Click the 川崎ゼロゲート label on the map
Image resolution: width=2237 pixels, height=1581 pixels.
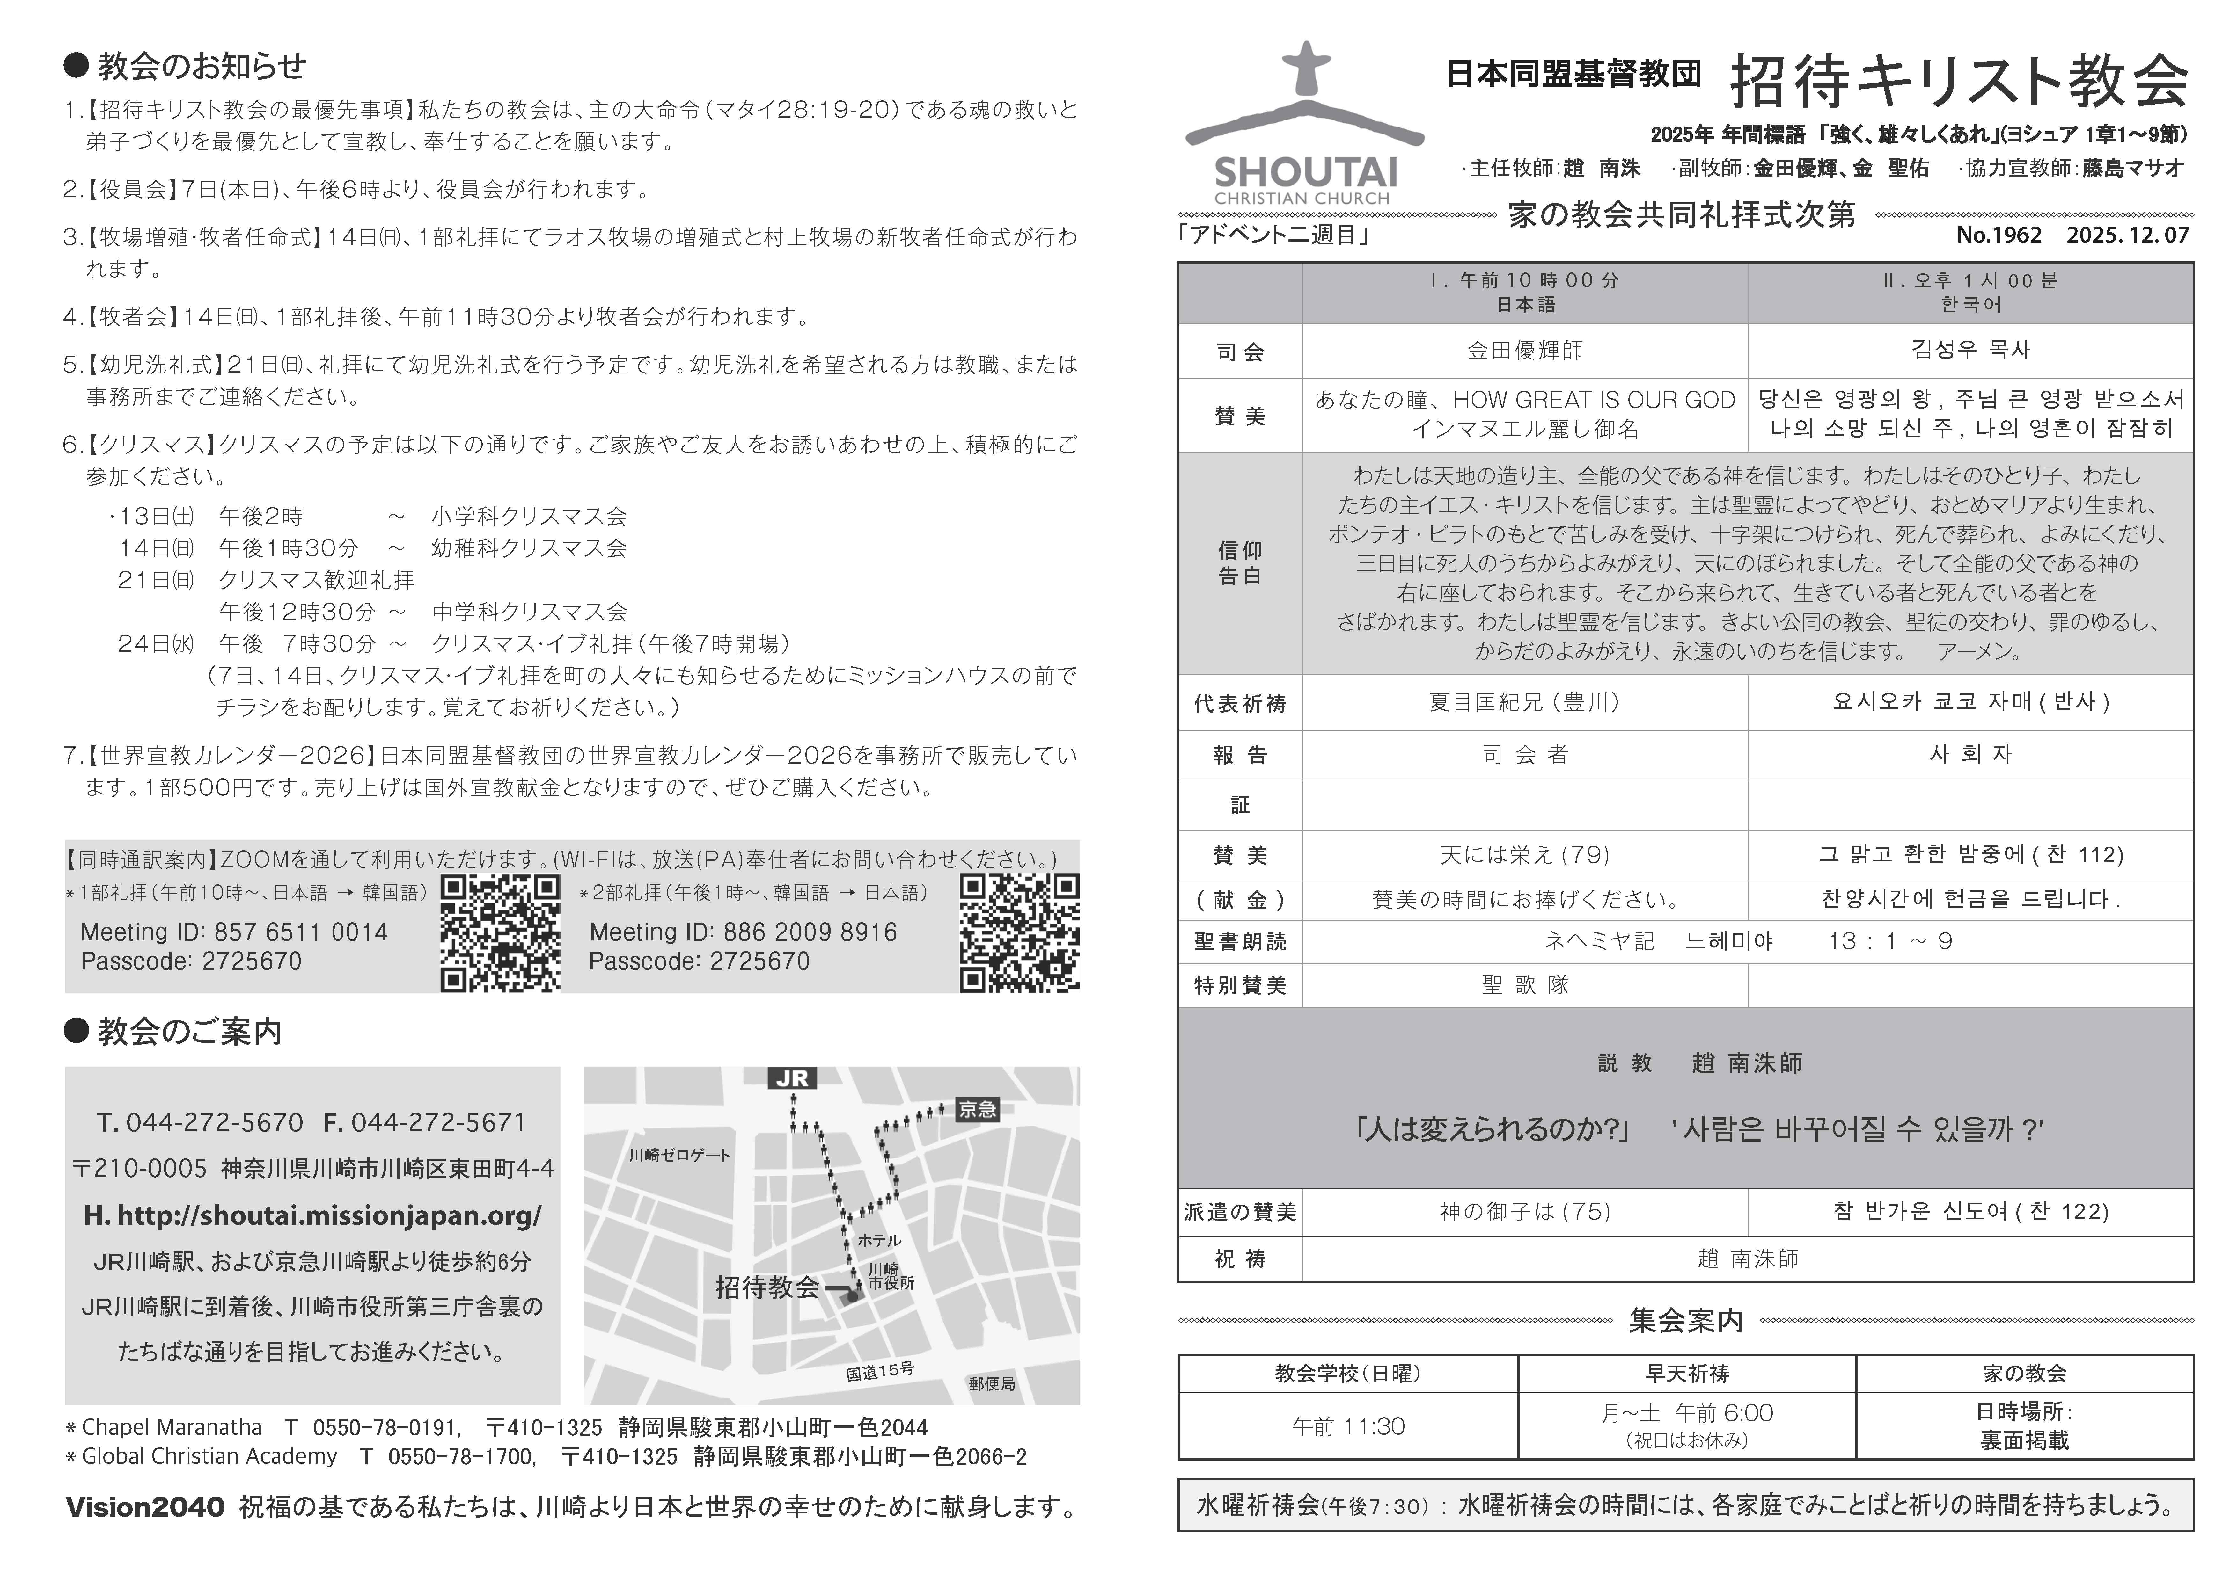pos(679,1155)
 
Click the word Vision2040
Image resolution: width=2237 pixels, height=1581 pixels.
pos(145,1507)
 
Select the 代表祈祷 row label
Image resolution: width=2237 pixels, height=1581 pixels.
pos(1239,703)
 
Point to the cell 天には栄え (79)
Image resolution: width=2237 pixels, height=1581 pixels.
pos(1525,855)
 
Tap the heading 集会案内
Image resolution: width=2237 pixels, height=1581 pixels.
pos(1685,1321)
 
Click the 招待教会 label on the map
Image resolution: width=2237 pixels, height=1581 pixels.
pos(768,1288)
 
